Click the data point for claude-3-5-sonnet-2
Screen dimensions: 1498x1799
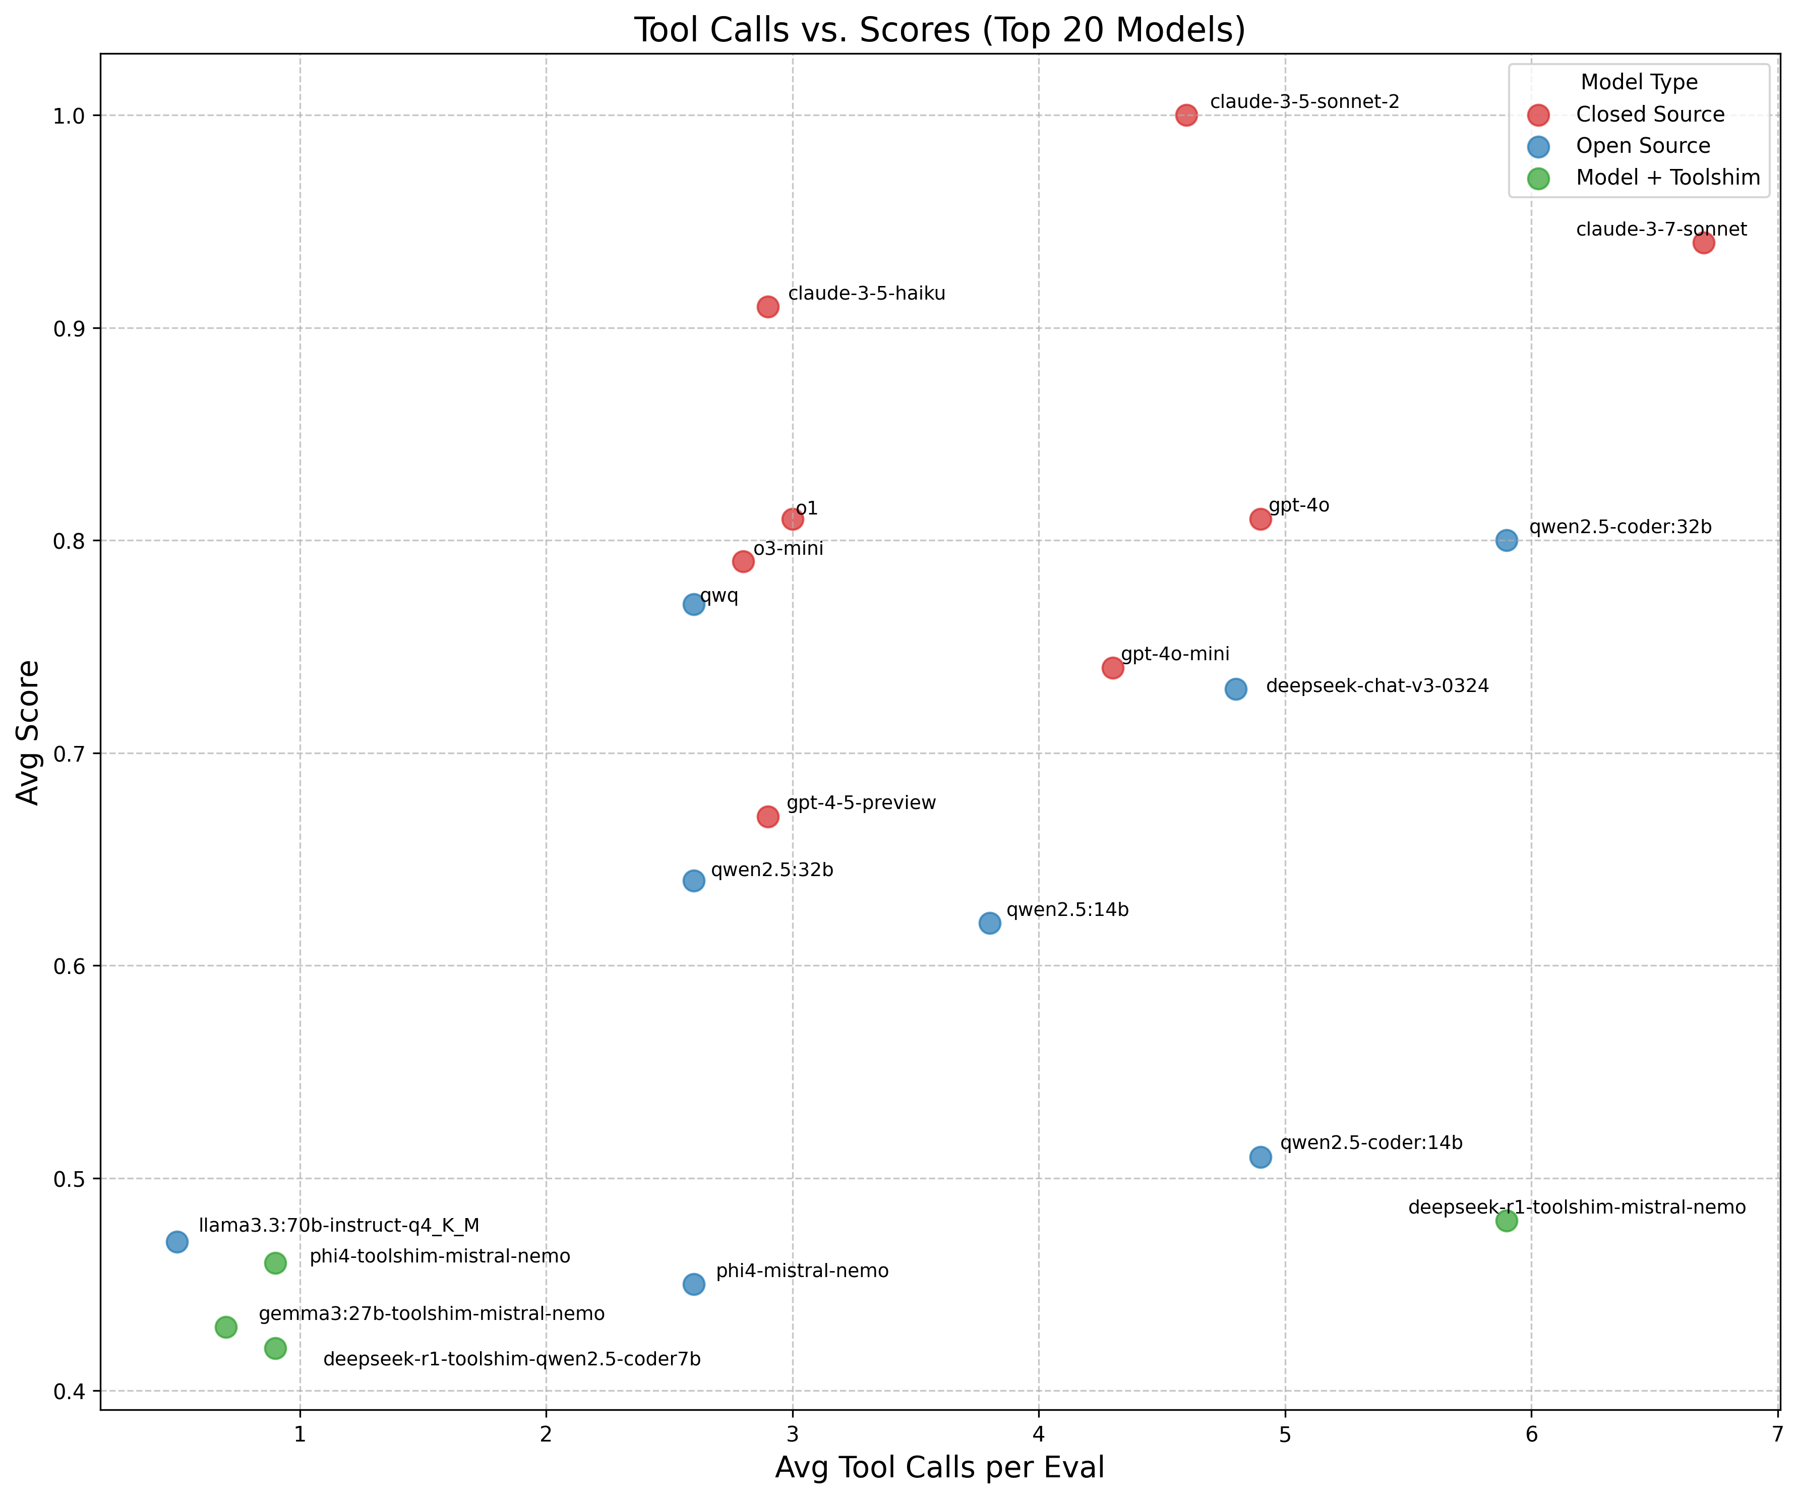point(1185,115)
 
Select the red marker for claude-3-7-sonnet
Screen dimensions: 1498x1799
point(1703,243)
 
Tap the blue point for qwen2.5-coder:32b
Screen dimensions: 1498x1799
point(1506,540)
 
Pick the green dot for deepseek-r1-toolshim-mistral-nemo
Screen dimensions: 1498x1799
point(1506,1220)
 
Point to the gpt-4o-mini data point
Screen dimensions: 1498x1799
point(1112,668)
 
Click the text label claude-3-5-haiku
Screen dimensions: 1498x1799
point(866,294)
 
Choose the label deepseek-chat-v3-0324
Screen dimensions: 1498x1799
point(1376,685)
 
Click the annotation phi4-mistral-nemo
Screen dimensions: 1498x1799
point(802,1271)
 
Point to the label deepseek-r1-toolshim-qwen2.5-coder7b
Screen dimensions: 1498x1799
point(511,1359)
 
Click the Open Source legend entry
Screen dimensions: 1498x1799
point(1642,146)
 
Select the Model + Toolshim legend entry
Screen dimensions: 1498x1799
point(1667,178)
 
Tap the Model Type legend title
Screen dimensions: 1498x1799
point(1638,82)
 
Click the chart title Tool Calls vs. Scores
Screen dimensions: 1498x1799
point(939,30)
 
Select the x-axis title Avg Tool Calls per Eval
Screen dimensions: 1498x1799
point(939,1467)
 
